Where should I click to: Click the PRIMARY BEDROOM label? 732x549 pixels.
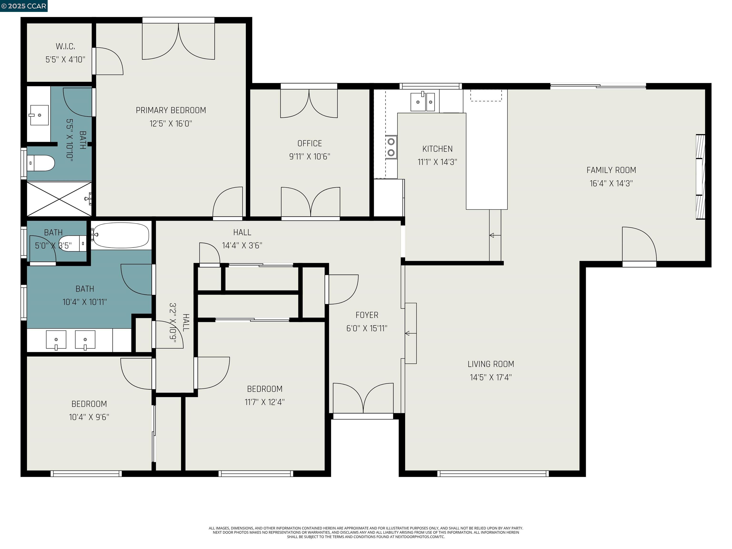pyautogui.click(x=171, y=110)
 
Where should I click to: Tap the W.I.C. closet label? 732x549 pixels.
pyautogui.click(x=65, y=46)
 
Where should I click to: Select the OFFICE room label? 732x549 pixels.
pyautogui.click(x=310, y=143)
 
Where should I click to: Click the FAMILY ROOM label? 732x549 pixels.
pyautogui.click(x=611, y=170)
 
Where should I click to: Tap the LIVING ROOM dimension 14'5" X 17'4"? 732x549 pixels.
pyautogui.click(x=490, y=377)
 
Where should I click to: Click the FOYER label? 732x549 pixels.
pyautogui.click(x=367, y=315)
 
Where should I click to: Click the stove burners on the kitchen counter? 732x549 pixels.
pyautogui.click(x=391, y=147)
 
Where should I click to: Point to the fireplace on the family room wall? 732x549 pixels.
pyautogui.click(x=700, y=177)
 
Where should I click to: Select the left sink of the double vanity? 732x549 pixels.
pyautogui.click(x=56, y=340)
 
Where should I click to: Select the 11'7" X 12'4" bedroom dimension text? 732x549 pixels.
pyautogui.click(x=264, y=402)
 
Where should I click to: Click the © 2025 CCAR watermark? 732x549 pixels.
pyautogui.click(x=24, y=6)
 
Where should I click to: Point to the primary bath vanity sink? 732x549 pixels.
pyautogui.click(x=39, y=115)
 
